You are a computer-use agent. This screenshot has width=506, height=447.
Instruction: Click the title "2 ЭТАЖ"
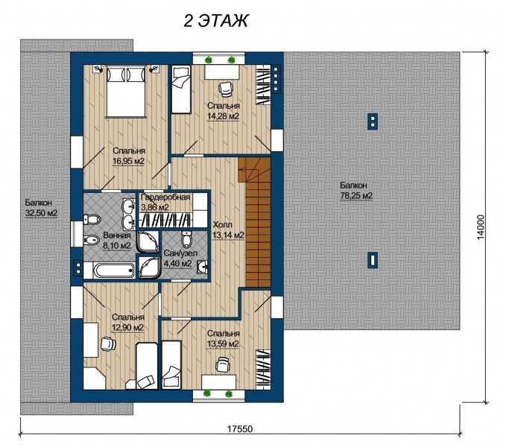coord(215,22)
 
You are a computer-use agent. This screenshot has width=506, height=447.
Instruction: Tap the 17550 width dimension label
coord(240,429)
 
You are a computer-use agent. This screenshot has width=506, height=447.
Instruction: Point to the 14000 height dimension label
coord(481,227)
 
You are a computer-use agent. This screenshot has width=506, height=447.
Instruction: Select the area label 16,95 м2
coord(128,161)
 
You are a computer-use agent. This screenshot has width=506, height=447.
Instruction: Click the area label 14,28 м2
coord(223,116)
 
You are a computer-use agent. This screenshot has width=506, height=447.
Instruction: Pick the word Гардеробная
coord(166,197)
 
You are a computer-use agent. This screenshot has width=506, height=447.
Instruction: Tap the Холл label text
coord(222,225)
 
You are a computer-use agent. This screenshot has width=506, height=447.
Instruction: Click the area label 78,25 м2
coord(356,195)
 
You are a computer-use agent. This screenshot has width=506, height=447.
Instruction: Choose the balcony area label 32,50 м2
coord(41,213)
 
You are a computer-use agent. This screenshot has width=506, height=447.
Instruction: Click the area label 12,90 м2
coord(127,328)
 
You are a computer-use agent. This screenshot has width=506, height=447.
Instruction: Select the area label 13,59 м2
coord(223,343)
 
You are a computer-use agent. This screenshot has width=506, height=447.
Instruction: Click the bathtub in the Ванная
coord(113,270)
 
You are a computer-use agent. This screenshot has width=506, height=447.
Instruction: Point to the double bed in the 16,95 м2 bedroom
coord(125,92)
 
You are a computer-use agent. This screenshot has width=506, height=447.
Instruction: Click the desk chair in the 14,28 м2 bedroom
coord(225,89)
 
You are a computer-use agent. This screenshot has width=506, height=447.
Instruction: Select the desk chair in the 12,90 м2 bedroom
coord(108,343)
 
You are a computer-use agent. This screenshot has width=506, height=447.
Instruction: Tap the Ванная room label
coord(117,235)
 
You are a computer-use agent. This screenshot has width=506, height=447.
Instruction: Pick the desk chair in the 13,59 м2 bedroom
coord(222,365)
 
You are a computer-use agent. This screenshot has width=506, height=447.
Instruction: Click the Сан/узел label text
coord(180,253)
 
